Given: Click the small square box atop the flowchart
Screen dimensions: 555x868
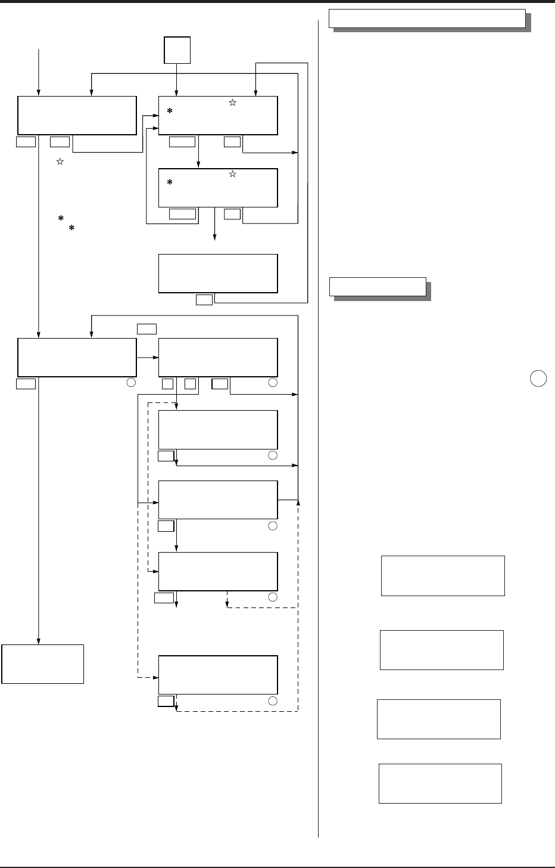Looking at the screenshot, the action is tap(177, 49).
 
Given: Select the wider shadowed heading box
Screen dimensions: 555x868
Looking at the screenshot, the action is tap(427, 18).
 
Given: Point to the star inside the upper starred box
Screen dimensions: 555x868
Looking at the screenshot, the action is tap(232, 103).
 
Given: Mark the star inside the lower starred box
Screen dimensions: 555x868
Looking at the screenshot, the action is tap(232, 174).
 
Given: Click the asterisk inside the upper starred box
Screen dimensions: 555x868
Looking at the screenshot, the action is tap(170, 112).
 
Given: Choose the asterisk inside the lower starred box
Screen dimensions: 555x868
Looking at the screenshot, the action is tap(170, 184).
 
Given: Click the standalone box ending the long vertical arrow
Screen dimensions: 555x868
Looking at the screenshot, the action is tap(43, 663).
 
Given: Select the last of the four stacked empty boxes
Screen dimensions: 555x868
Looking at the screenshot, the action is tap(440, 783).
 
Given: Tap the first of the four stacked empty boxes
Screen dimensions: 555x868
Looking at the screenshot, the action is tap(442, 576).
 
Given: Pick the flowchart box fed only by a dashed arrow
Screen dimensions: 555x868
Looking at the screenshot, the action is tap(218, 675).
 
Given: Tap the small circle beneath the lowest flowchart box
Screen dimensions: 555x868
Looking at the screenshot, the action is tap(273, 700).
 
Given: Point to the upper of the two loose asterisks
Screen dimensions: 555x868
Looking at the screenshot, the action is tap(60, 220).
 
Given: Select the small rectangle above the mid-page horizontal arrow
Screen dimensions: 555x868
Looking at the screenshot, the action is tap(146, 328).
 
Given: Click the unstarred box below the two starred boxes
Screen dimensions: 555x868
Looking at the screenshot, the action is tap(218, 273).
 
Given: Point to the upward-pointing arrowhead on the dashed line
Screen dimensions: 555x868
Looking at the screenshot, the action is tap(298, 503).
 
